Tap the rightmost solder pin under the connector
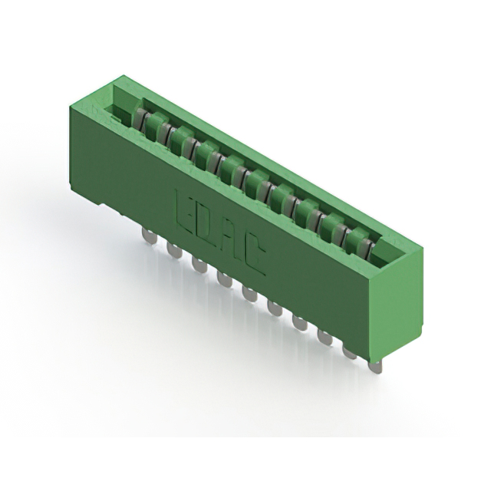coord(374,367)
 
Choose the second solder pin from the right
coord(351,352)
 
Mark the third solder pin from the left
coord(199,264)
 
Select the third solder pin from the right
coord(325,338)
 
